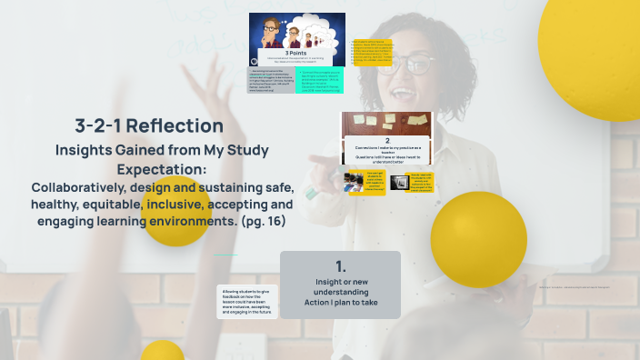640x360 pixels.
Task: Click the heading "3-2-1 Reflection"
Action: (x=149, y=126)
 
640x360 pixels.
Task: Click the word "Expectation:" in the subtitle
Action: (x=162, y=169)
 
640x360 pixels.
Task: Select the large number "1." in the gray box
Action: (x=341, y=266)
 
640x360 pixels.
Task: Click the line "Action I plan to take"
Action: (x=341, y=303)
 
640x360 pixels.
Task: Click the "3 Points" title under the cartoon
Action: (x=296, y=53)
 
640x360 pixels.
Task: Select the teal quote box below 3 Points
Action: (x=320, y=79)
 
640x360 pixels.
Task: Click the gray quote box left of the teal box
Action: (x=270, y=80)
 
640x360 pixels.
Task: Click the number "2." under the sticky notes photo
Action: (x=387, y=141)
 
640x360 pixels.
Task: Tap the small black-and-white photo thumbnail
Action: (x=399, y=182)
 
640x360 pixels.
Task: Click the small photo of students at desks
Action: (x=354, y=182)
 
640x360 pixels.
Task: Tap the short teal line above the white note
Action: (x=225, y=255)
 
